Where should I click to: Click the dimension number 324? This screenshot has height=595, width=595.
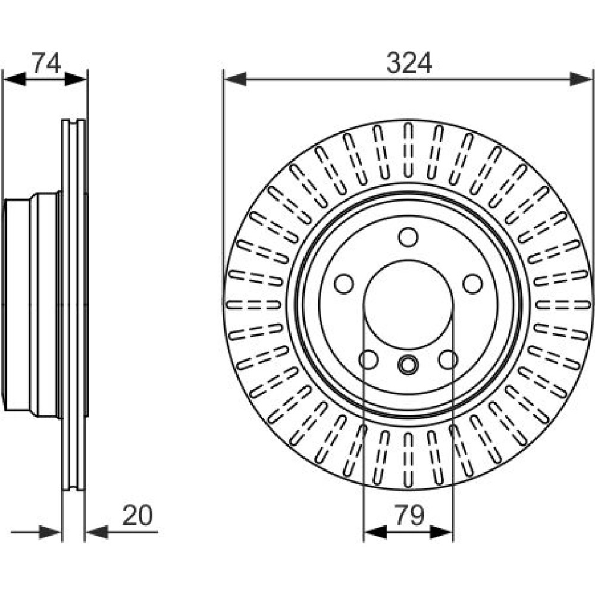click(x=408, y=62)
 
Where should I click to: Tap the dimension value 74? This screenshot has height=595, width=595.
click(x=46, y=62)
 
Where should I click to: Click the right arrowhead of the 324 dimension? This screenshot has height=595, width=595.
click(x=581, y=79)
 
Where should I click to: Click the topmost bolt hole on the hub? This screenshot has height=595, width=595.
click(x=408, y=237)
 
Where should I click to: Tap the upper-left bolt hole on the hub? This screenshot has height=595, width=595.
click(x=343, y=284)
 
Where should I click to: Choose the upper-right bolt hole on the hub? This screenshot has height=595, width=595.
click(x=473, y=284)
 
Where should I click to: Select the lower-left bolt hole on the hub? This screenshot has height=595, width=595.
click(x=369, y=359)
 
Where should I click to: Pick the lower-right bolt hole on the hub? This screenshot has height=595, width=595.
click(x=448, y=359)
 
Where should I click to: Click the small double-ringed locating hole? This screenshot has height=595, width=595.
click(x=408, y=365)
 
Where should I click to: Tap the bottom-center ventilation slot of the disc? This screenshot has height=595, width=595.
click(x=408, y=458)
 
